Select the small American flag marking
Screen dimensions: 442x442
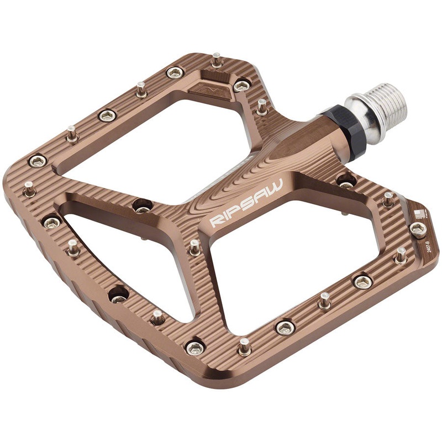coord(419,213)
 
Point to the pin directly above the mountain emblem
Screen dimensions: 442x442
coord(216,59)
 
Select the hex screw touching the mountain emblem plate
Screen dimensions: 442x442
coord(241,86)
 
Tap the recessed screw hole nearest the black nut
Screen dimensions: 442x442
coord(345,180)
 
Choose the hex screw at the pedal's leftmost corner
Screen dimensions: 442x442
coord(37,161)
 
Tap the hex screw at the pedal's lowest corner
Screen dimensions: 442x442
coord(195,348)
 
